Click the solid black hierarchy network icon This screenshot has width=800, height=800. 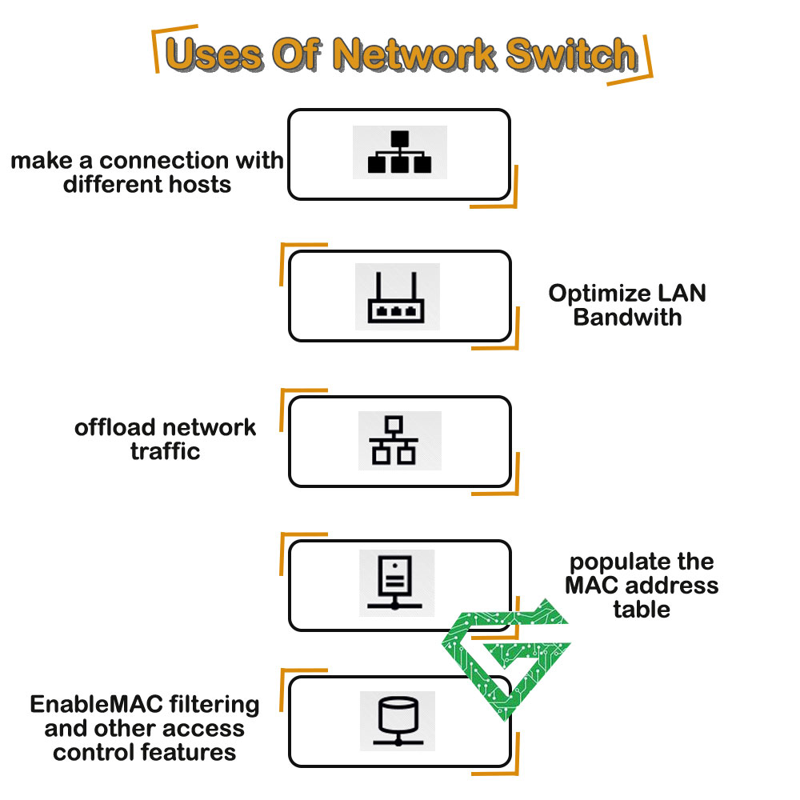point(399,152)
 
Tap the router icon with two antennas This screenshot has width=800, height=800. point(396,297)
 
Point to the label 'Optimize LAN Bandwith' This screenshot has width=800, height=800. point(627,305)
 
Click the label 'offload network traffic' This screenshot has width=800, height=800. point(166,438)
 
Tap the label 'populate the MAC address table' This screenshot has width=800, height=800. point(642,585)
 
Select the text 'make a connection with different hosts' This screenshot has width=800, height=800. point(147,172)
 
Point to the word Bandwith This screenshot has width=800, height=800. point(627,317)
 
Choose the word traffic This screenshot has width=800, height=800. point(165,451)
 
